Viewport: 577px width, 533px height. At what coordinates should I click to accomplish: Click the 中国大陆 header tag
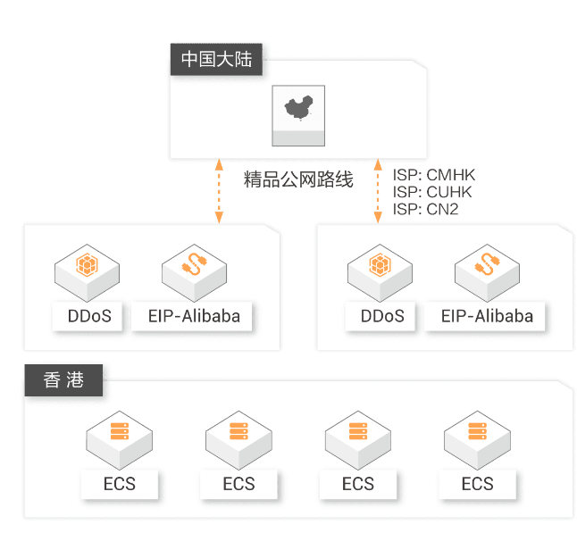pos(216,60)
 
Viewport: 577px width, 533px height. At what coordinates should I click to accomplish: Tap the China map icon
pos(298,111)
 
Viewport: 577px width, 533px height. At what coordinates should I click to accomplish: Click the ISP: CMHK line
pos(434,174)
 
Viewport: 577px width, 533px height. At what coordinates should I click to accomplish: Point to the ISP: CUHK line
pos(432,192)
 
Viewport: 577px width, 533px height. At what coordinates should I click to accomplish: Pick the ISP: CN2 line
pos(425,210)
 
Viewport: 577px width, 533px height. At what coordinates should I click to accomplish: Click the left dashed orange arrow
pos(217,191)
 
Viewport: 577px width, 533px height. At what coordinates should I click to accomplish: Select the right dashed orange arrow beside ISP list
pos(377,191)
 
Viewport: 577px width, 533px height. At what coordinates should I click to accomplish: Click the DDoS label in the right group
pos(382,315)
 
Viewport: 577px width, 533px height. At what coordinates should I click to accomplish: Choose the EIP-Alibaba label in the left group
pos(194,315)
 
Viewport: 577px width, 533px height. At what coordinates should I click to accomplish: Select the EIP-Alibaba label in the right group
pos(487,315)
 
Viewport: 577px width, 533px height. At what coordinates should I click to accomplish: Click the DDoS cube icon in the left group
pos(88,267)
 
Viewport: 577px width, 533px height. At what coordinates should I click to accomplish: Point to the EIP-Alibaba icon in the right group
pos(487,267)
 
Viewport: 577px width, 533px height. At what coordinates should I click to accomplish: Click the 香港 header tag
pos(63,379)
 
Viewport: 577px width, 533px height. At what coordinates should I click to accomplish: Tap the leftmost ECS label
pos(120,484)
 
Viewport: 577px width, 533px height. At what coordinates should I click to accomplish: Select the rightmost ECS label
pos(477,484)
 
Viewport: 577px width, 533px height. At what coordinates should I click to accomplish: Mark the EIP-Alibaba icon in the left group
pos(194,267)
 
